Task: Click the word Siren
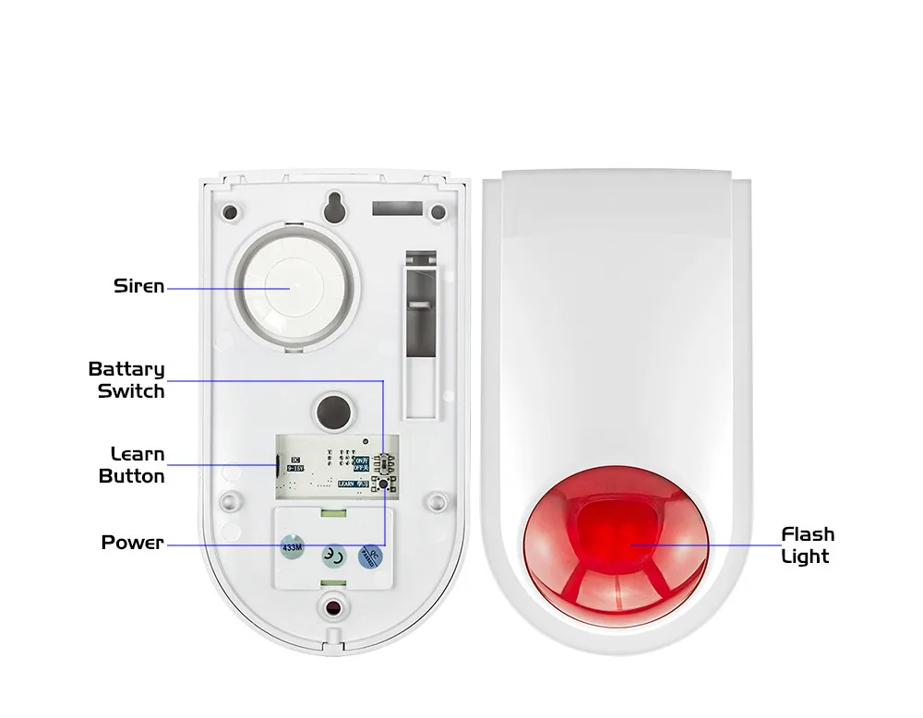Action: click(138, 286)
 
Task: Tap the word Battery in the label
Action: click(126, 369)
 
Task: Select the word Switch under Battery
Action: click(131, 391)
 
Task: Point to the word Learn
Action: click(138, 454)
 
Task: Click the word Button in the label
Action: click(132, 476)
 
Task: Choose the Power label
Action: click(132, 543)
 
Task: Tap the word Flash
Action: click(808, 534)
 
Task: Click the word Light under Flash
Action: click(805, 556)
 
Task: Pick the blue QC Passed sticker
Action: click(372, 555)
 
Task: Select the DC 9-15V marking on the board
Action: click(295, 464)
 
